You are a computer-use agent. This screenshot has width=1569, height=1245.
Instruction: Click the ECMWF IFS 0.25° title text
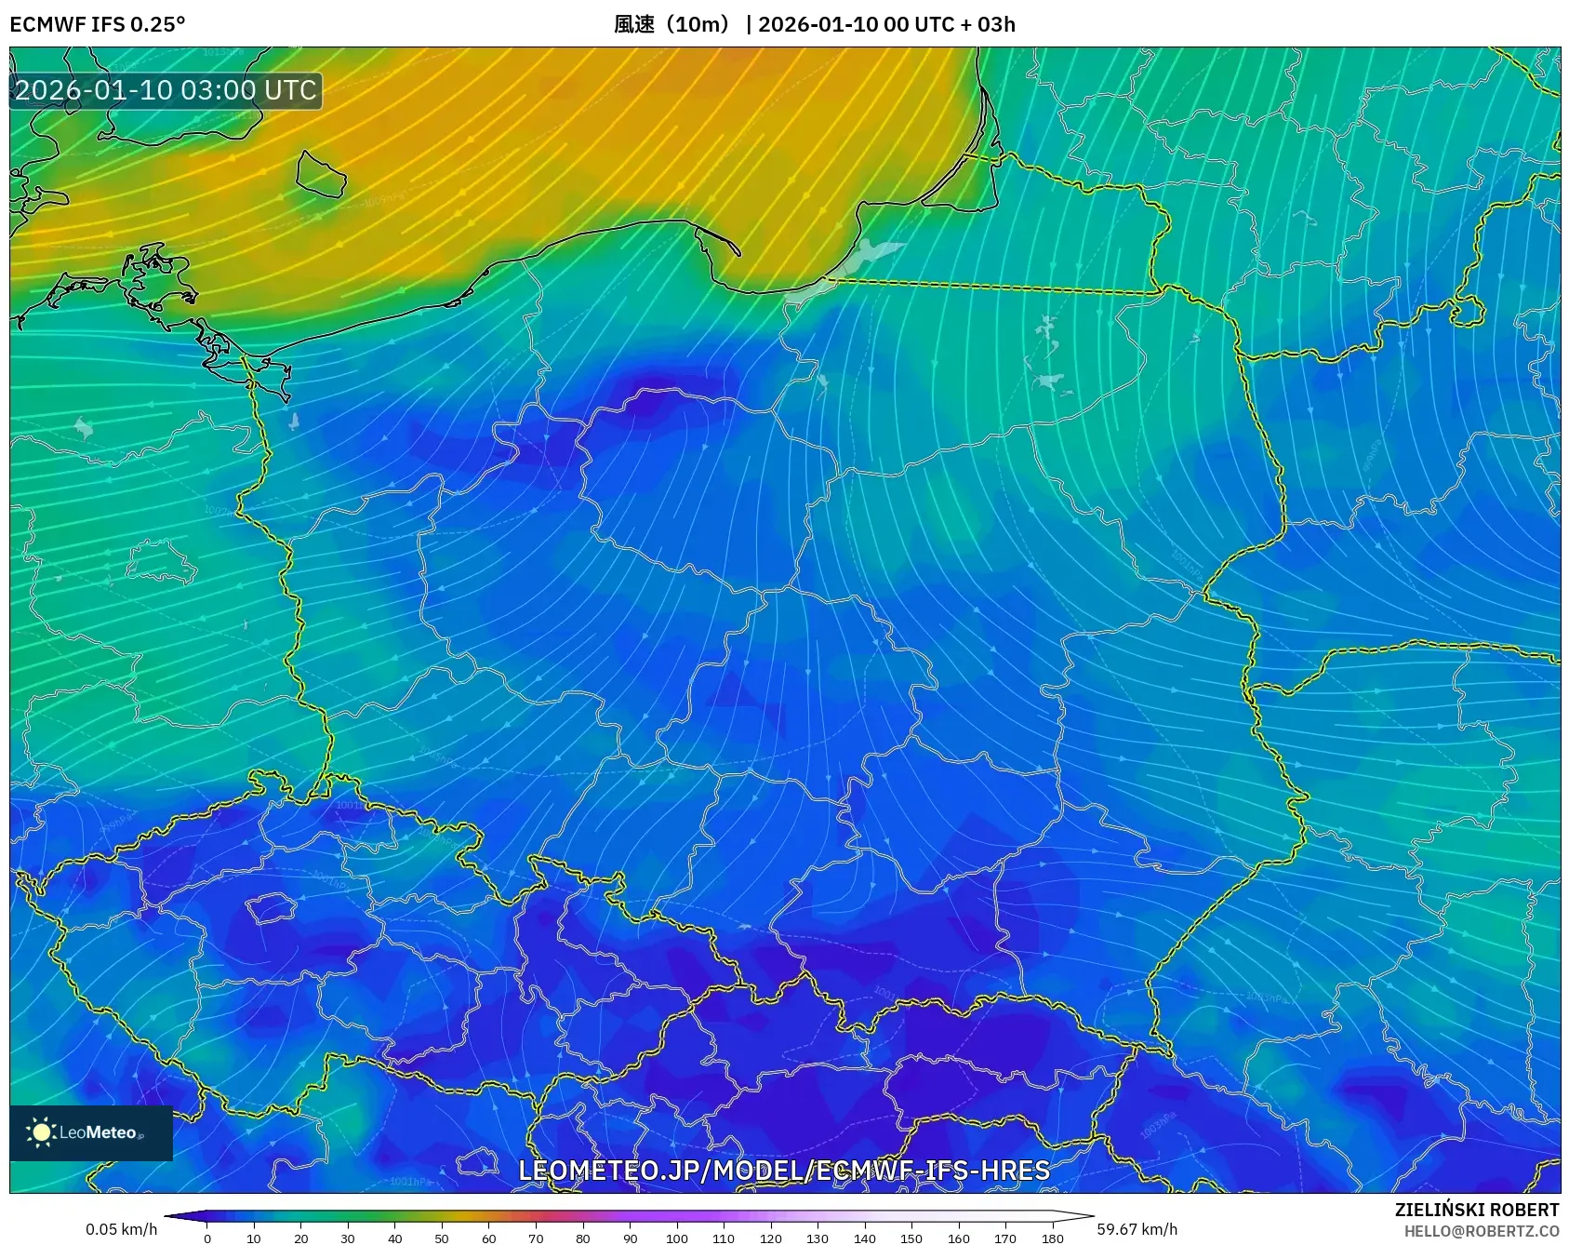97,24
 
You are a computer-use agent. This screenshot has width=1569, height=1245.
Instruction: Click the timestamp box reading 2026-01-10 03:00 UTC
166,90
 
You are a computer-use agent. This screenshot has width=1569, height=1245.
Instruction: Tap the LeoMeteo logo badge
91,1132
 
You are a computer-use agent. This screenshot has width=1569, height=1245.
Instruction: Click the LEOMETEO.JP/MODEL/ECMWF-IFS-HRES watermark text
783,1171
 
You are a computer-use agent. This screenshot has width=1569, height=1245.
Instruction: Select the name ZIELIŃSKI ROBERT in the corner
1476,1210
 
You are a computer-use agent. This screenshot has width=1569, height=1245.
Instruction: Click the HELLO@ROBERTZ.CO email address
1481,1231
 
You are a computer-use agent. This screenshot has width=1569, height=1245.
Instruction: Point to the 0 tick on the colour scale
206,1238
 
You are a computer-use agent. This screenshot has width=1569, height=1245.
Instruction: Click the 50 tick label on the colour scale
442,1238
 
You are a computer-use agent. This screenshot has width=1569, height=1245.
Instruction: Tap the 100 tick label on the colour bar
676,1238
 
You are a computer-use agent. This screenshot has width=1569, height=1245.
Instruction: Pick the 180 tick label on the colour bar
1052,1238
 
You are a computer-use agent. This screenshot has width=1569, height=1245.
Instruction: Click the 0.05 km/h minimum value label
121,1229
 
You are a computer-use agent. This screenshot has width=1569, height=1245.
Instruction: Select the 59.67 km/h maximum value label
1137,1229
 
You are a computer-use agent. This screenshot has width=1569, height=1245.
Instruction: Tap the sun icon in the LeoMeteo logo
41,1132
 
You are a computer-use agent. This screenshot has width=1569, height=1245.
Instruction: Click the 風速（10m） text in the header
674,24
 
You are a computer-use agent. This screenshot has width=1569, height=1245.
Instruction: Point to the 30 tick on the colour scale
348,1238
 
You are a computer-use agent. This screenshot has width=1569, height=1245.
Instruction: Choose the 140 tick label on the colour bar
864,1238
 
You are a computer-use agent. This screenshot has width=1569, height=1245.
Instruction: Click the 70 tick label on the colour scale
536,1238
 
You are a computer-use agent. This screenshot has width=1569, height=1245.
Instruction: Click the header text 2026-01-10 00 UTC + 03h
886,24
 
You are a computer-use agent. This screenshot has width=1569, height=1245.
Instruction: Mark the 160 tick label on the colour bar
958,1238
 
